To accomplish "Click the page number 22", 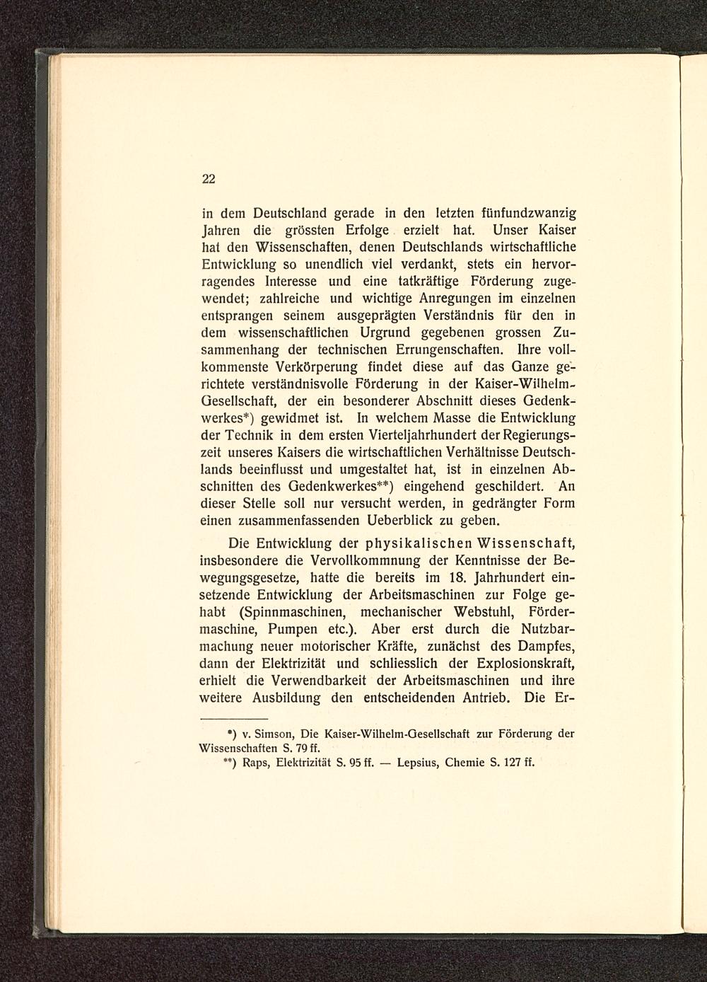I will [209, 179].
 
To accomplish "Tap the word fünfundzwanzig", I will [524, 213].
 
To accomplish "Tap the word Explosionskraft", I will [521, 664].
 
